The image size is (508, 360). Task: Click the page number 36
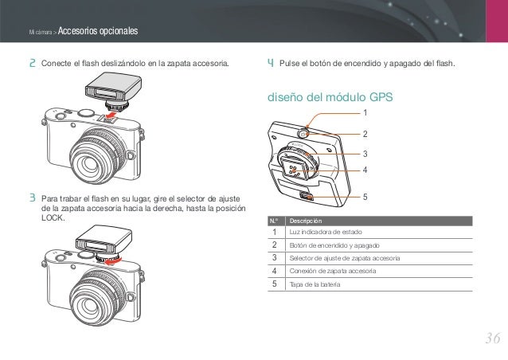pyautogui.click(x=491, y=338)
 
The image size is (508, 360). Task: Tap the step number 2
pyautogui.click(x=33, y=62)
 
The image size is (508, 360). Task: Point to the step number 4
pyautogui.click(x=271, y=62)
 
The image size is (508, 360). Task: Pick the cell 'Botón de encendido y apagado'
pyautogui.click(x=334, y=245)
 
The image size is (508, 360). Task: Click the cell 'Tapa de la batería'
pyautogui.click(x=315, y=284)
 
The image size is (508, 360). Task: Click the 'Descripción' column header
pyautogui.click(x=307, y=220)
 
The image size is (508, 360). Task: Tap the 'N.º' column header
pyautogui.click(x=274, y=220)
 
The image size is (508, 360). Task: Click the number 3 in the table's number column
pyautogui.click(x=275, y=258)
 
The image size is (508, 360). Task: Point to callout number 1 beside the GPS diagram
pyautogui.click(x=365, y=112)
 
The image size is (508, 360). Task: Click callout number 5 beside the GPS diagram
pyautogui.click(x=365, y=195)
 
